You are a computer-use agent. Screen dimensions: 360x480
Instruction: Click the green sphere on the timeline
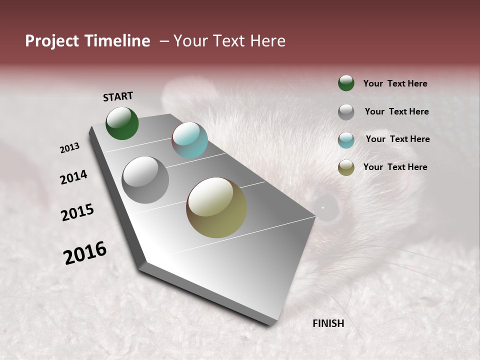[x=122, y=123]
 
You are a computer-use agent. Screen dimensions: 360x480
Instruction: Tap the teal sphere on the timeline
[x=189, y=140]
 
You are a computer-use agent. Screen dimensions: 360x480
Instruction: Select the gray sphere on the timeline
[x=145, y=180]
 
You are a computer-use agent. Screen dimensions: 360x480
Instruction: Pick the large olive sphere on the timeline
[x=216, y=207]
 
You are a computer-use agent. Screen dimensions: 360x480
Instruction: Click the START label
[x=118, y=96]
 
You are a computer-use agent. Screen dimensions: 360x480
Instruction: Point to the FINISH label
[x=328, y=323]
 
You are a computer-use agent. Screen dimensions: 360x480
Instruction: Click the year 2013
[x=70, y=148]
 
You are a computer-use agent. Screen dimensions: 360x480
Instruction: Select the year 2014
[x=73, y=177]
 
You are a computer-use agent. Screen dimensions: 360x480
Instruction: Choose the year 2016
[x=85, y=253]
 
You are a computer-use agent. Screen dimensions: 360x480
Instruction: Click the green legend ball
[x=346, y=83]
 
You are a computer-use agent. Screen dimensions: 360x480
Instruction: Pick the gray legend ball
[x=346, y=112]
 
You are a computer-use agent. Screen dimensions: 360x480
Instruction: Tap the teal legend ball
[x=346, y=140]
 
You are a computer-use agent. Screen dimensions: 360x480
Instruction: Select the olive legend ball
[x=346, y=167]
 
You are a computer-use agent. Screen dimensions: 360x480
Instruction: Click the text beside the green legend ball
[x=395, y=84]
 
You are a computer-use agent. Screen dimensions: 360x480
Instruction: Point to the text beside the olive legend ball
[x=395, y=167]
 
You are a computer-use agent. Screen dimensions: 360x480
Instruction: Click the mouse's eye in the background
[x=326, y=207]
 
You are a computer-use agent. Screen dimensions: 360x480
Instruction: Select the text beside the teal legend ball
[x=397, y=139]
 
